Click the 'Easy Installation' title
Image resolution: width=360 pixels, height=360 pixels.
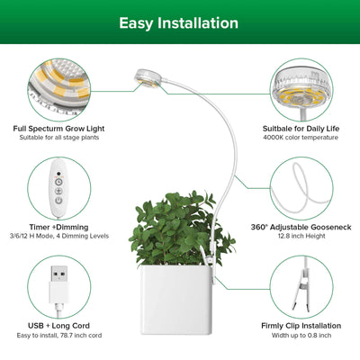click(179, 22)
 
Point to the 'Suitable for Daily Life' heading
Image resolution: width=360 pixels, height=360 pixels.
click(301, 129)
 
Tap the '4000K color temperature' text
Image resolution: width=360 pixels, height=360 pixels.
click(301, 138)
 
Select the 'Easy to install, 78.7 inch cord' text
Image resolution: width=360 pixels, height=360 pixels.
click(56, 335)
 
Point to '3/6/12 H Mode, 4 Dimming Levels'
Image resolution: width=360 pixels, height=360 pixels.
click(58, 238)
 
